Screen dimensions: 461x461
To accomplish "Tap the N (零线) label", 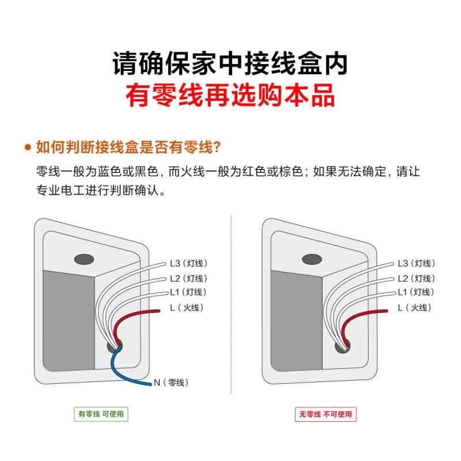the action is coord(171,383).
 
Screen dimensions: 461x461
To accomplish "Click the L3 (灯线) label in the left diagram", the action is coord(188,263).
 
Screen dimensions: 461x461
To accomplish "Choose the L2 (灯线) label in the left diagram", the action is coord(188,278).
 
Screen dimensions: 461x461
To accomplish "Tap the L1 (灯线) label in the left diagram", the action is coord(188,292).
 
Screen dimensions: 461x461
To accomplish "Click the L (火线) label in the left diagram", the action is coord(187,308).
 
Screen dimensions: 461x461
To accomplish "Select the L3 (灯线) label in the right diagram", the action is coord(416,263).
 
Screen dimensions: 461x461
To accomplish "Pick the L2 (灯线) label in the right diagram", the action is coord(416,278).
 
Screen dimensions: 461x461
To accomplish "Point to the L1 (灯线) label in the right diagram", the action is coord(416,292).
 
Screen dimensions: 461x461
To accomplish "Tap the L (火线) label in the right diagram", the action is coord(414,308).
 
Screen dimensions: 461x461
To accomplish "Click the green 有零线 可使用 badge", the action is coord(101,414).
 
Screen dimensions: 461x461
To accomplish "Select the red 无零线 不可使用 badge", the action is coord(326,414).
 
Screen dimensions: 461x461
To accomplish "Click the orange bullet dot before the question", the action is coord(28,147).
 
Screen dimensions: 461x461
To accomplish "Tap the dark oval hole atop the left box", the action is coord(84,259).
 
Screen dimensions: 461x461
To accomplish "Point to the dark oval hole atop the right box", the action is coord(312,259).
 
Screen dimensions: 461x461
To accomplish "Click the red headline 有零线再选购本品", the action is coord(230,95).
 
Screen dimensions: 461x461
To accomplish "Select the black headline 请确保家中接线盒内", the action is coord(230,63).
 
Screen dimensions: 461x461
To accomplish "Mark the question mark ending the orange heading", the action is coord(217,147).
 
